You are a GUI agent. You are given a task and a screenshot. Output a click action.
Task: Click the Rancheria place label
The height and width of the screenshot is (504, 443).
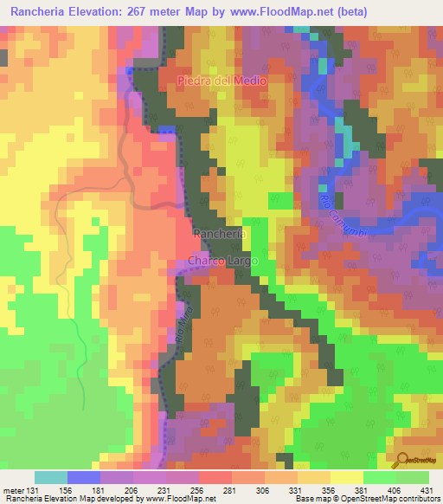pyautogui.click(x=220, y=234)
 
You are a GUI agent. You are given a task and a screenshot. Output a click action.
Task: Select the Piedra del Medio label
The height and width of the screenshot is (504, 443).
pyautogui.click(x=222, y=81)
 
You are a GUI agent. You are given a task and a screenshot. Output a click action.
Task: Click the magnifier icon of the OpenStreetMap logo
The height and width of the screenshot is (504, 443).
pyautogui.click(x=401, y=460)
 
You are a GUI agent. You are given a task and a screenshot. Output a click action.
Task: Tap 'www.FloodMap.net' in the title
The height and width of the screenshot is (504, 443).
pyautogui.click(x=282, y=12)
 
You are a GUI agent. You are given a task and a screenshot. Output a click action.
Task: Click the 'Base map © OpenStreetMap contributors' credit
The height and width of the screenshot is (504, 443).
pyautogui.click(x=366, y=499)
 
